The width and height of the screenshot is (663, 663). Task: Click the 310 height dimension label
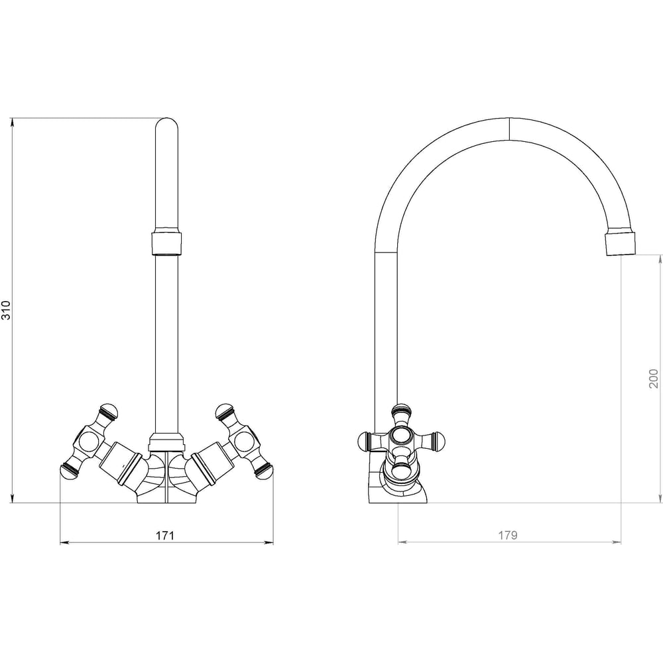[5, 310]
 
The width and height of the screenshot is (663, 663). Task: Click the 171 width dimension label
[165, 536]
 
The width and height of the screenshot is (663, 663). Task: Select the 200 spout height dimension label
[654, 379]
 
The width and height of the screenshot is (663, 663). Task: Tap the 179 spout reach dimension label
[507, 535]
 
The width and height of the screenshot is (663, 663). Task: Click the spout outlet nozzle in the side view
[621, 243]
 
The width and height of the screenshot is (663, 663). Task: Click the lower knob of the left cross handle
[70, 470]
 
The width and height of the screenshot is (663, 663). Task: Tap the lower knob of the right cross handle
[263, 470]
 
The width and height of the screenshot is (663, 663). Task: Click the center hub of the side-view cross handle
[400, 435]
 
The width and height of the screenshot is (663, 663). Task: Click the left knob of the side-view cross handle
[365, 441]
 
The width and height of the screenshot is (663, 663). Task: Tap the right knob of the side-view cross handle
[437, 441]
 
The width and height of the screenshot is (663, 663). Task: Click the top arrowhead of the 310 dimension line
[13, 122]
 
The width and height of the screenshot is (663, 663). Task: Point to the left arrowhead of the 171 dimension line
[65, 542]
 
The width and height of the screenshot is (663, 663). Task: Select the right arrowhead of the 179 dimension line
[617, 542]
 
